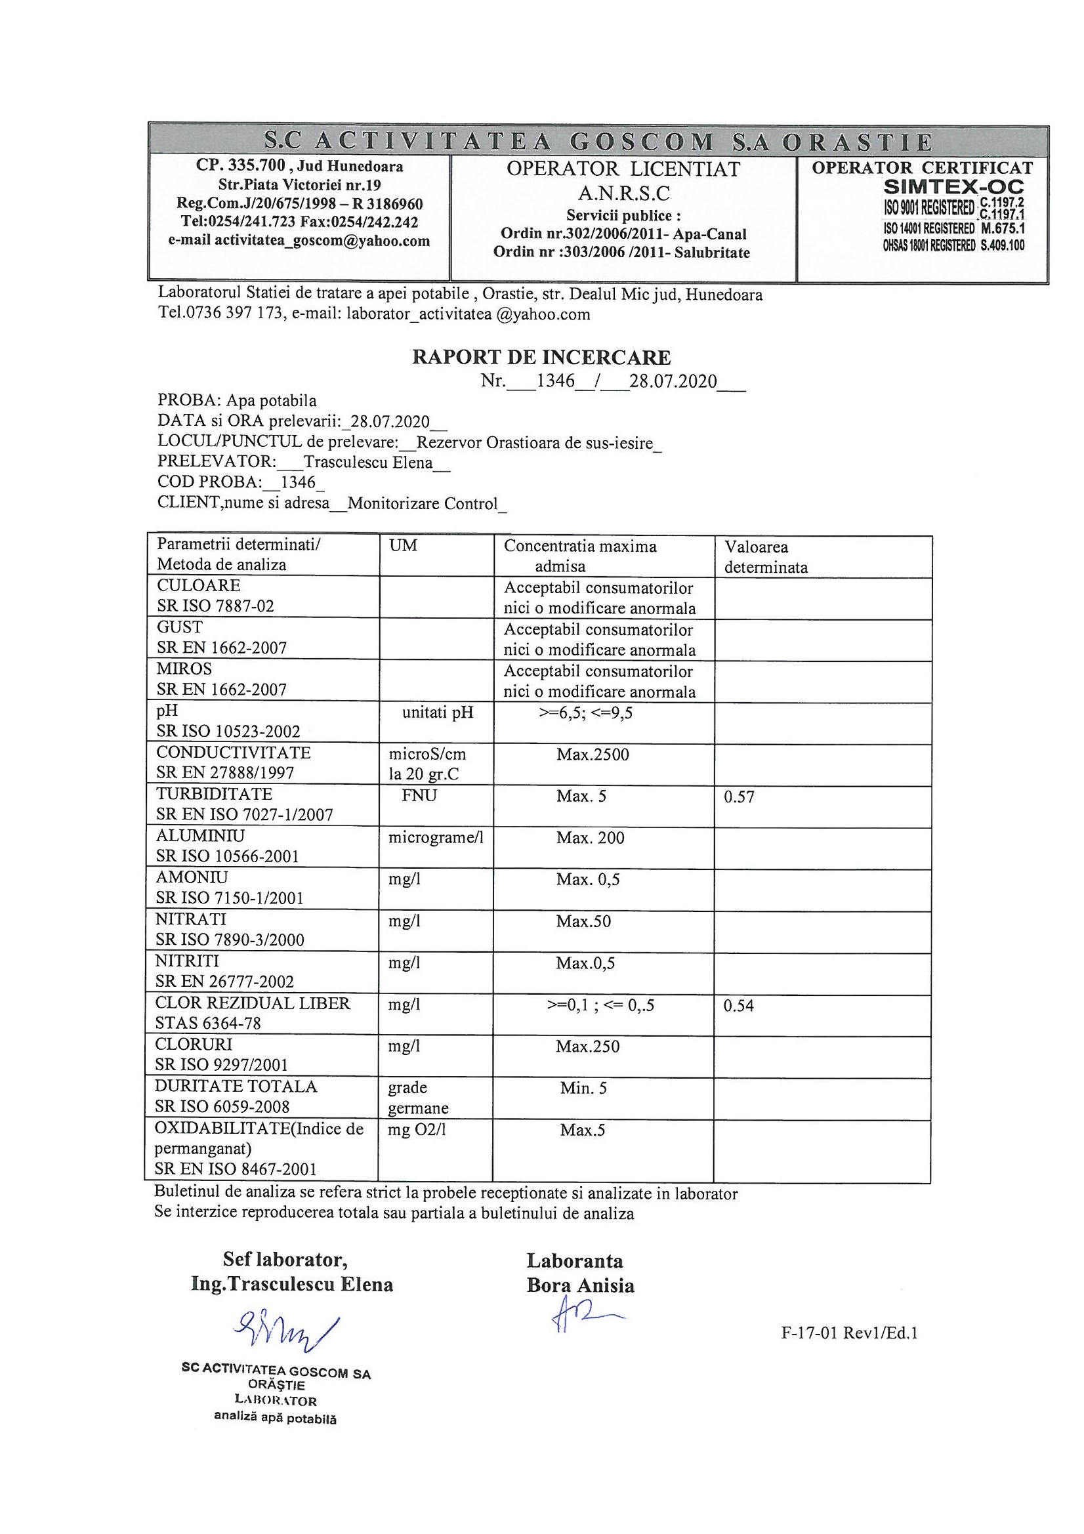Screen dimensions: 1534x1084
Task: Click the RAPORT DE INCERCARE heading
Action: coord(541,358)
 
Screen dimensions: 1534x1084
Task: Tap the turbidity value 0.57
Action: coord(739,797)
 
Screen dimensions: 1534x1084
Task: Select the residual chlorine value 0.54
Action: coord(738,1006)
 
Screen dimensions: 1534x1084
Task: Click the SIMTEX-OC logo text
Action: coord(953,186)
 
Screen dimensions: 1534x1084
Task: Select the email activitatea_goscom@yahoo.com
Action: coord(322,241)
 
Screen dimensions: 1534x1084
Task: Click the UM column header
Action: coord(403,546)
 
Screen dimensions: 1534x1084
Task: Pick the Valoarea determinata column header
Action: coord(766,556)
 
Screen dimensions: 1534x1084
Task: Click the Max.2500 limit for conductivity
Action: coord(593,755)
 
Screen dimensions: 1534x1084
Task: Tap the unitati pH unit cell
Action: coord(438,713)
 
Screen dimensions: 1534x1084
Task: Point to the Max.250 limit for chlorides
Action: coord(588,1046)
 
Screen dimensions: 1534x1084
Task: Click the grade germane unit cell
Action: coord(418,1098)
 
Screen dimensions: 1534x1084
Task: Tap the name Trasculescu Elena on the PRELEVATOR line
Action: coord(368,463)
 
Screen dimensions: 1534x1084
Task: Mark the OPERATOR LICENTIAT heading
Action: coord(623,169)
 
